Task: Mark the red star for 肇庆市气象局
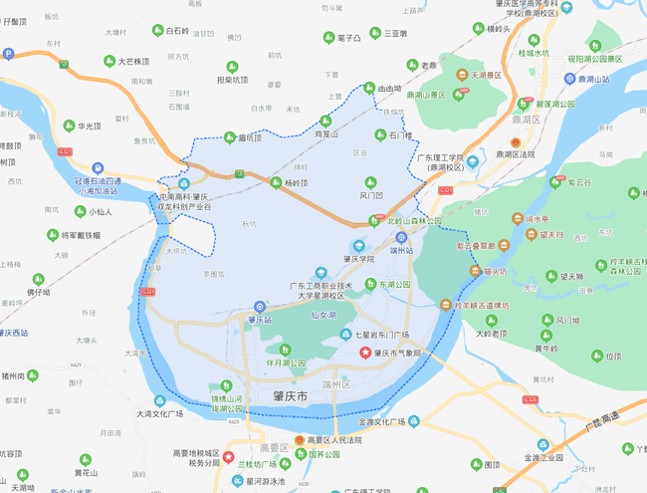pos(364,354)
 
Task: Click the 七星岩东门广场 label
pos(376,335)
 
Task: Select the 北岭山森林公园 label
pos(413,221)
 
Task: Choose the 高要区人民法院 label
pos(336,438)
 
